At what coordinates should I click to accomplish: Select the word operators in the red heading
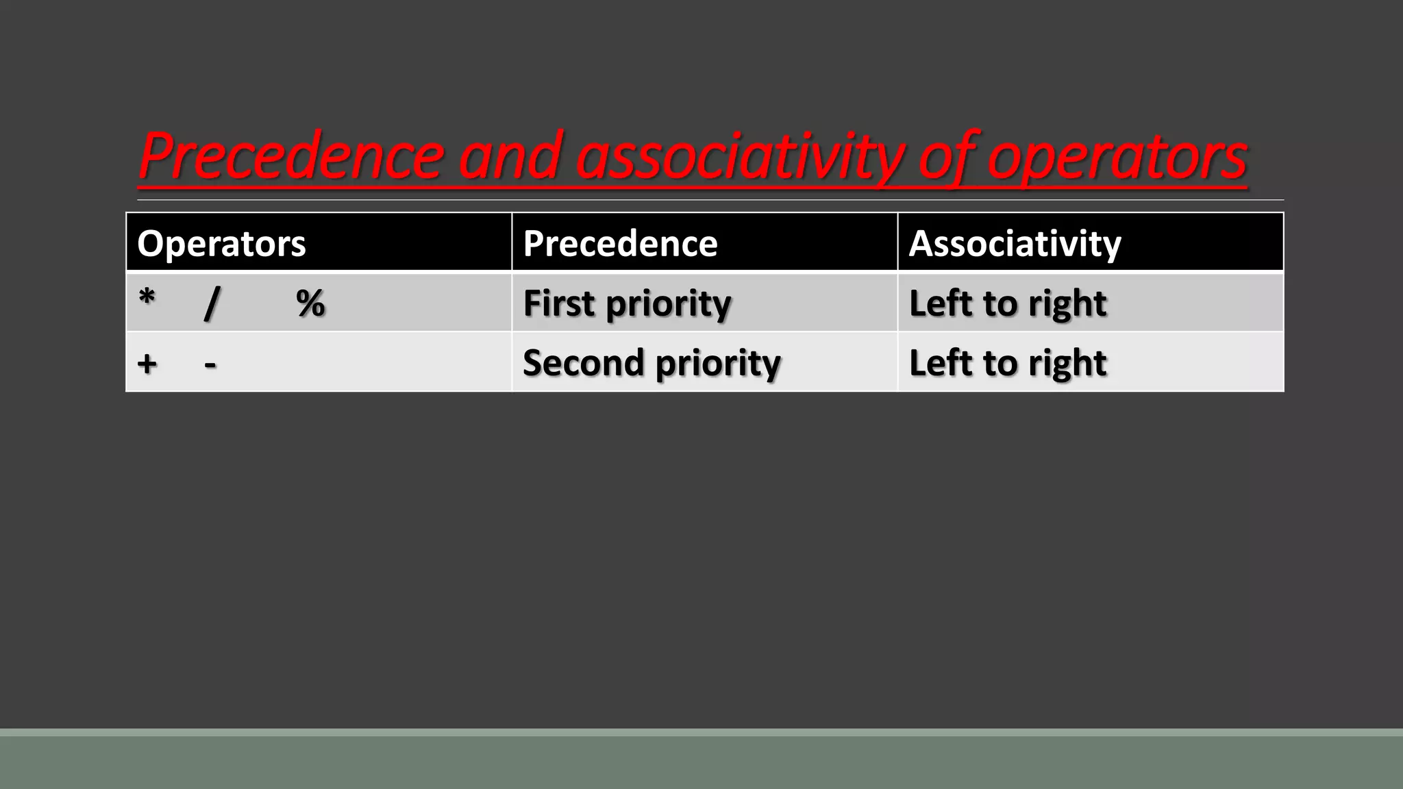point(1117,158)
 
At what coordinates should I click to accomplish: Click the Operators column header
point(221,244)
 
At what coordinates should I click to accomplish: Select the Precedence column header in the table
point(620,244)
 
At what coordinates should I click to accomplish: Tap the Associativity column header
point(1015,244)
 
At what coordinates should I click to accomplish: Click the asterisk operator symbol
point(147,299)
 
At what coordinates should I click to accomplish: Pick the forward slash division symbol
point(212,303)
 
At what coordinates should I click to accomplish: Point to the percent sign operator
point(310,303)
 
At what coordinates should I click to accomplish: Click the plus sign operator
point(147,364)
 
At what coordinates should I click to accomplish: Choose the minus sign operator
point(210,364)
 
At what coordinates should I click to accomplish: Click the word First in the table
point(558,303)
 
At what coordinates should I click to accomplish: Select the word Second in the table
point(583,363)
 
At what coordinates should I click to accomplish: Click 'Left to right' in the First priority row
point(1007,303)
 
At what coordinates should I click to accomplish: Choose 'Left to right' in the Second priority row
point(1007,363)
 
